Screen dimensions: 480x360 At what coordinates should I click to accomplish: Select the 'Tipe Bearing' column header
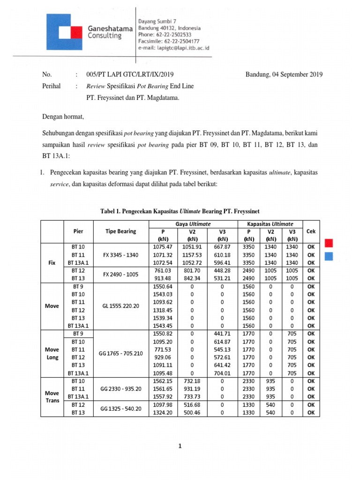(121, 231)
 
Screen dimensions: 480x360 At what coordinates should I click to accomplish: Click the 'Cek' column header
(310, 231)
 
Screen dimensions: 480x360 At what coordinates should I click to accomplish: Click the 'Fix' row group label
(52, 262)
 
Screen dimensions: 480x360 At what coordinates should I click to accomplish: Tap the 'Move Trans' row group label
(52, 397)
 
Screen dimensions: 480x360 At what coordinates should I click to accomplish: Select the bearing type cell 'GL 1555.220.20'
(121, 306)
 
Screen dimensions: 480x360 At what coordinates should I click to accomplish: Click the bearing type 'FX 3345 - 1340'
(121, 255)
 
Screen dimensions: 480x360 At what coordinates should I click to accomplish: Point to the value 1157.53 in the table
(192, 255)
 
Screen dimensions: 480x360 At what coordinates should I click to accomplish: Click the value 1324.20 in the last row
(163, 412)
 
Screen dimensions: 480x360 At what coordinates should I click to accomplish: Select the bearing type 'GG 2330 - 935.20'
(121, 389)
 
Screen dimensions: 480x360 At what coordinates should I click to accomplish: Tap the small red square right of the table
(329, 243)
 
